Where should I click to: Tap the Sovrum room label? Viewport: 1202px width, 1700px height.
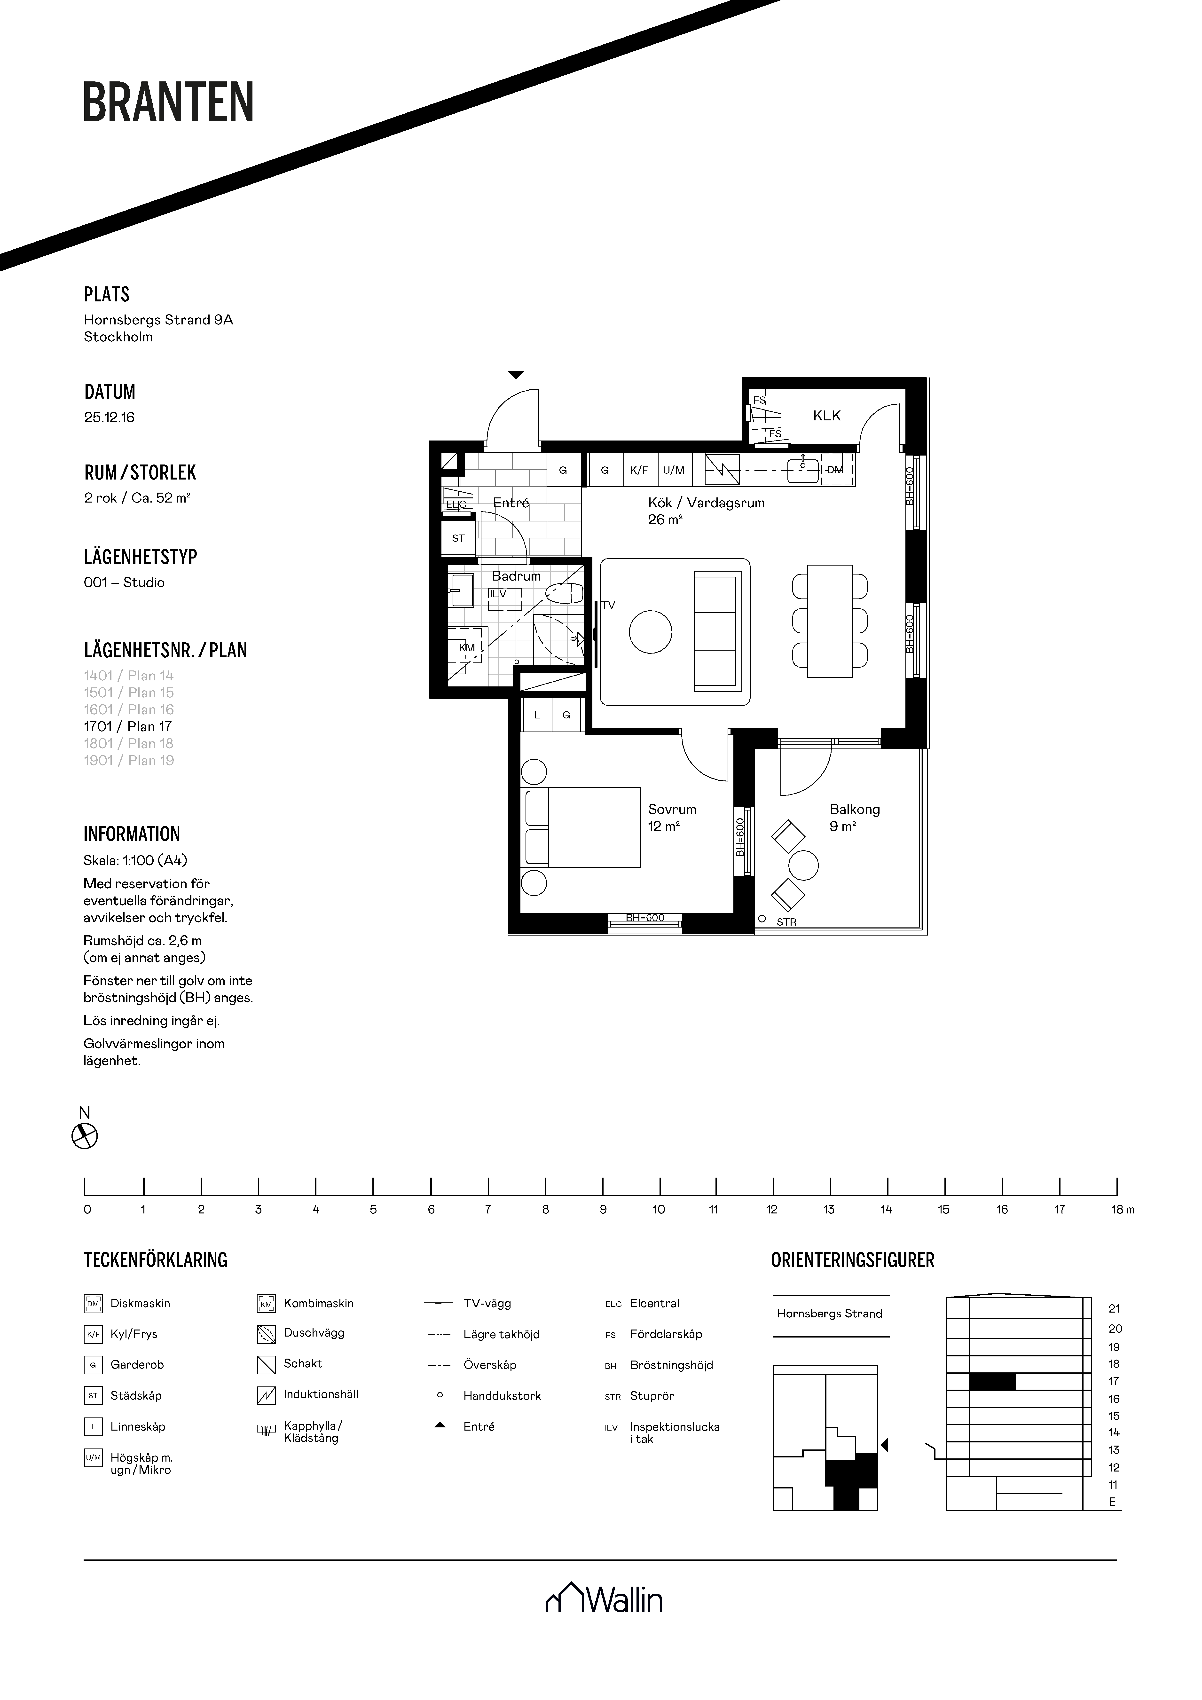[672, 809]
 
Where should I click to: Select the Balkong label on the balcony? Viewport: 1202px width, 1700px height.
[855, 809]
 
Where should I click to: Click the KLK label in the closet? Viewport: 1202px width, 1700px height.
[826, 415]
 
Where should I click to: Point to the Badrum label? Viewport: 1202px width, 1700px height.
[516, 575]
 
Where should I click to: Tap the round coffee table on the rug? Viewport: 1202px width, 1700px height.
[650, 632]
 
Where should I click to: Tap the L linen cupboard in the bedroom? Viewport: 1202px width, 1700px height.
[537, 715]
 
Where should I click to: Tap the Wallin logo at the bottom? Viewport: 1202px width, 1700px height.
[604, 1600]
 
